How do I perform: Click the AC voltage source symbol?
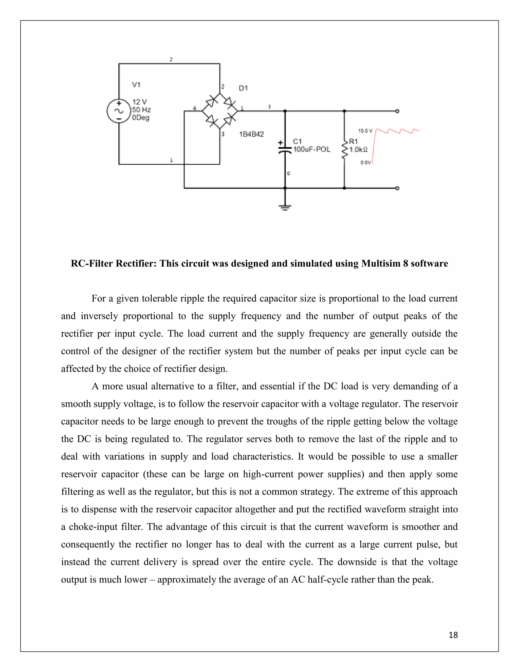119,111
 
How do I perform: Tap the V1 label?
136,85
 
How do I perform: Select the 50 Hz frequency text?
141,110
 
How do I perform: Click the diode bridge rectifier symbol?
219,111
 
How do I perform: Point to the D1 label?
243,88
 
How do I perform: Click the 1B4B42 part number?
251,134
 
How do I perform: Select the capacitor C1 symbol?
285,150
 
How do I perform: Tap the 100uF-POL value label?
312,150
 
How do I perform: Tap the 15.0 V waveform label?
365,131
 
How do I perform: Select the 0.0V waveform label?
366,163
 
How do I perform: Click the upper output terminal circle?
397,111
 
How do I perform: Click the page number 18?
453,635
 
